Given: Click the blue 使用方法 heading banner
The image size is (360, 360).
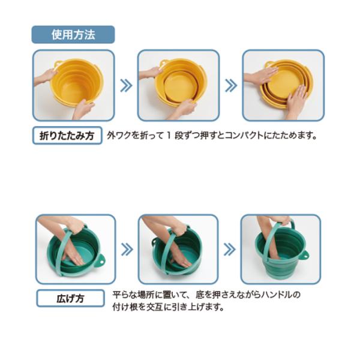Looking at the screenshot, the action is tap(73, 35).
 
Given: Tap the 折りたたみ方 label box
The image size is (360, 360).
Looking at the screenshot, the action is tap(67, 136).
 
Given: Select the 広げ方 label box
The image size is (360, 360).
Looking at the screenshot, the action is tap(70, 298).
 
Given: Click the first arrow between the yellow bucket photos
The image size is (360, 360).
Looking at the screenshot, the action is tap(126, 85).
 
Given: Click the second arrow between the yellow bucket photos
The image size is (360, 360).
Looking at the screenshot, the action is tap(231, 85).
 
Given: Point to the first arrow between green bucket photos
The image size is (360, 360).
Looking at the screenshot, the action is tap(127, 250).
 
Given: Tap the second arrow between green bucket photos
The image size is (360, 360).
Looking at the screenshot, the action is tap(229, 250).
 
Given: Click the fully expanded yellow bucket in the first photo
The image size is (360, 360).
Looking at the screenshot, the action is tap(76, 82).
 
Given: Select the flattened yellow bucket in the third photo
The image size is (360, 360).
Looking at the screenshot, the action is tap(286, 83).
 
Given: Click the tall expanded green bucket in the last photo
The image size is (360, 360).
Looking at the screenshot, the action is tap(281, 255).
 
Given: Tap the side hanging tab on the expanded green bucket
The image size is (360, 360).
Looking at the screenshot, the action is tap(305, 254).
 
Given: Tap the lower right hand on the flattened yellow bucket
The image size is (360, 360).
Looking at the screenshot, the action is tap(297, 99).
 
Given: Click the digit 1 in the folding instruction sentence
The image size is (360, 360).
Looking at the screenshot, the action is tap(169, 136).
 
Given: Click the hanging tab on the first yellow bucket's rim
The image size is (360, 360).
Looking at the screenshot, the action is tap(58, 64).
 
